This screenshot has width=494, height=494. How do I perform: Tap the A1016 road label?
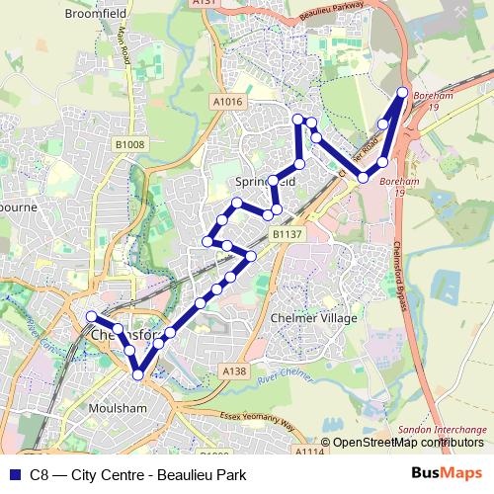point(226,101)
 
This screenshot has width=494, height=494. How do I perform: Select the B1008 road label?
point(128,145)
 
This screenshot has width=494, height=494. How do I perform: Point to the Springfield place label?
point(267,183)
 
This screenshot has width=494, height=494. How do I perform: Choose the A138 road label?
point(234,371)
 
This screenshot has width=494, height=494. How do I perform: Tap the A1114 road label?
point(308,452)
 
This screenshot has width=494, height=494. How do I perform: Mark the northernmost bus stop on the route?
point(403,93)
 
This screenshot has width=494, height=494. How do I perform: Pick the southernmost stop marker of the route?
point(139,372)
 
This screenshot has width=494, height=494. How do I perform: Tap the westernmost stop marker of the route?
point(92,316)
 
